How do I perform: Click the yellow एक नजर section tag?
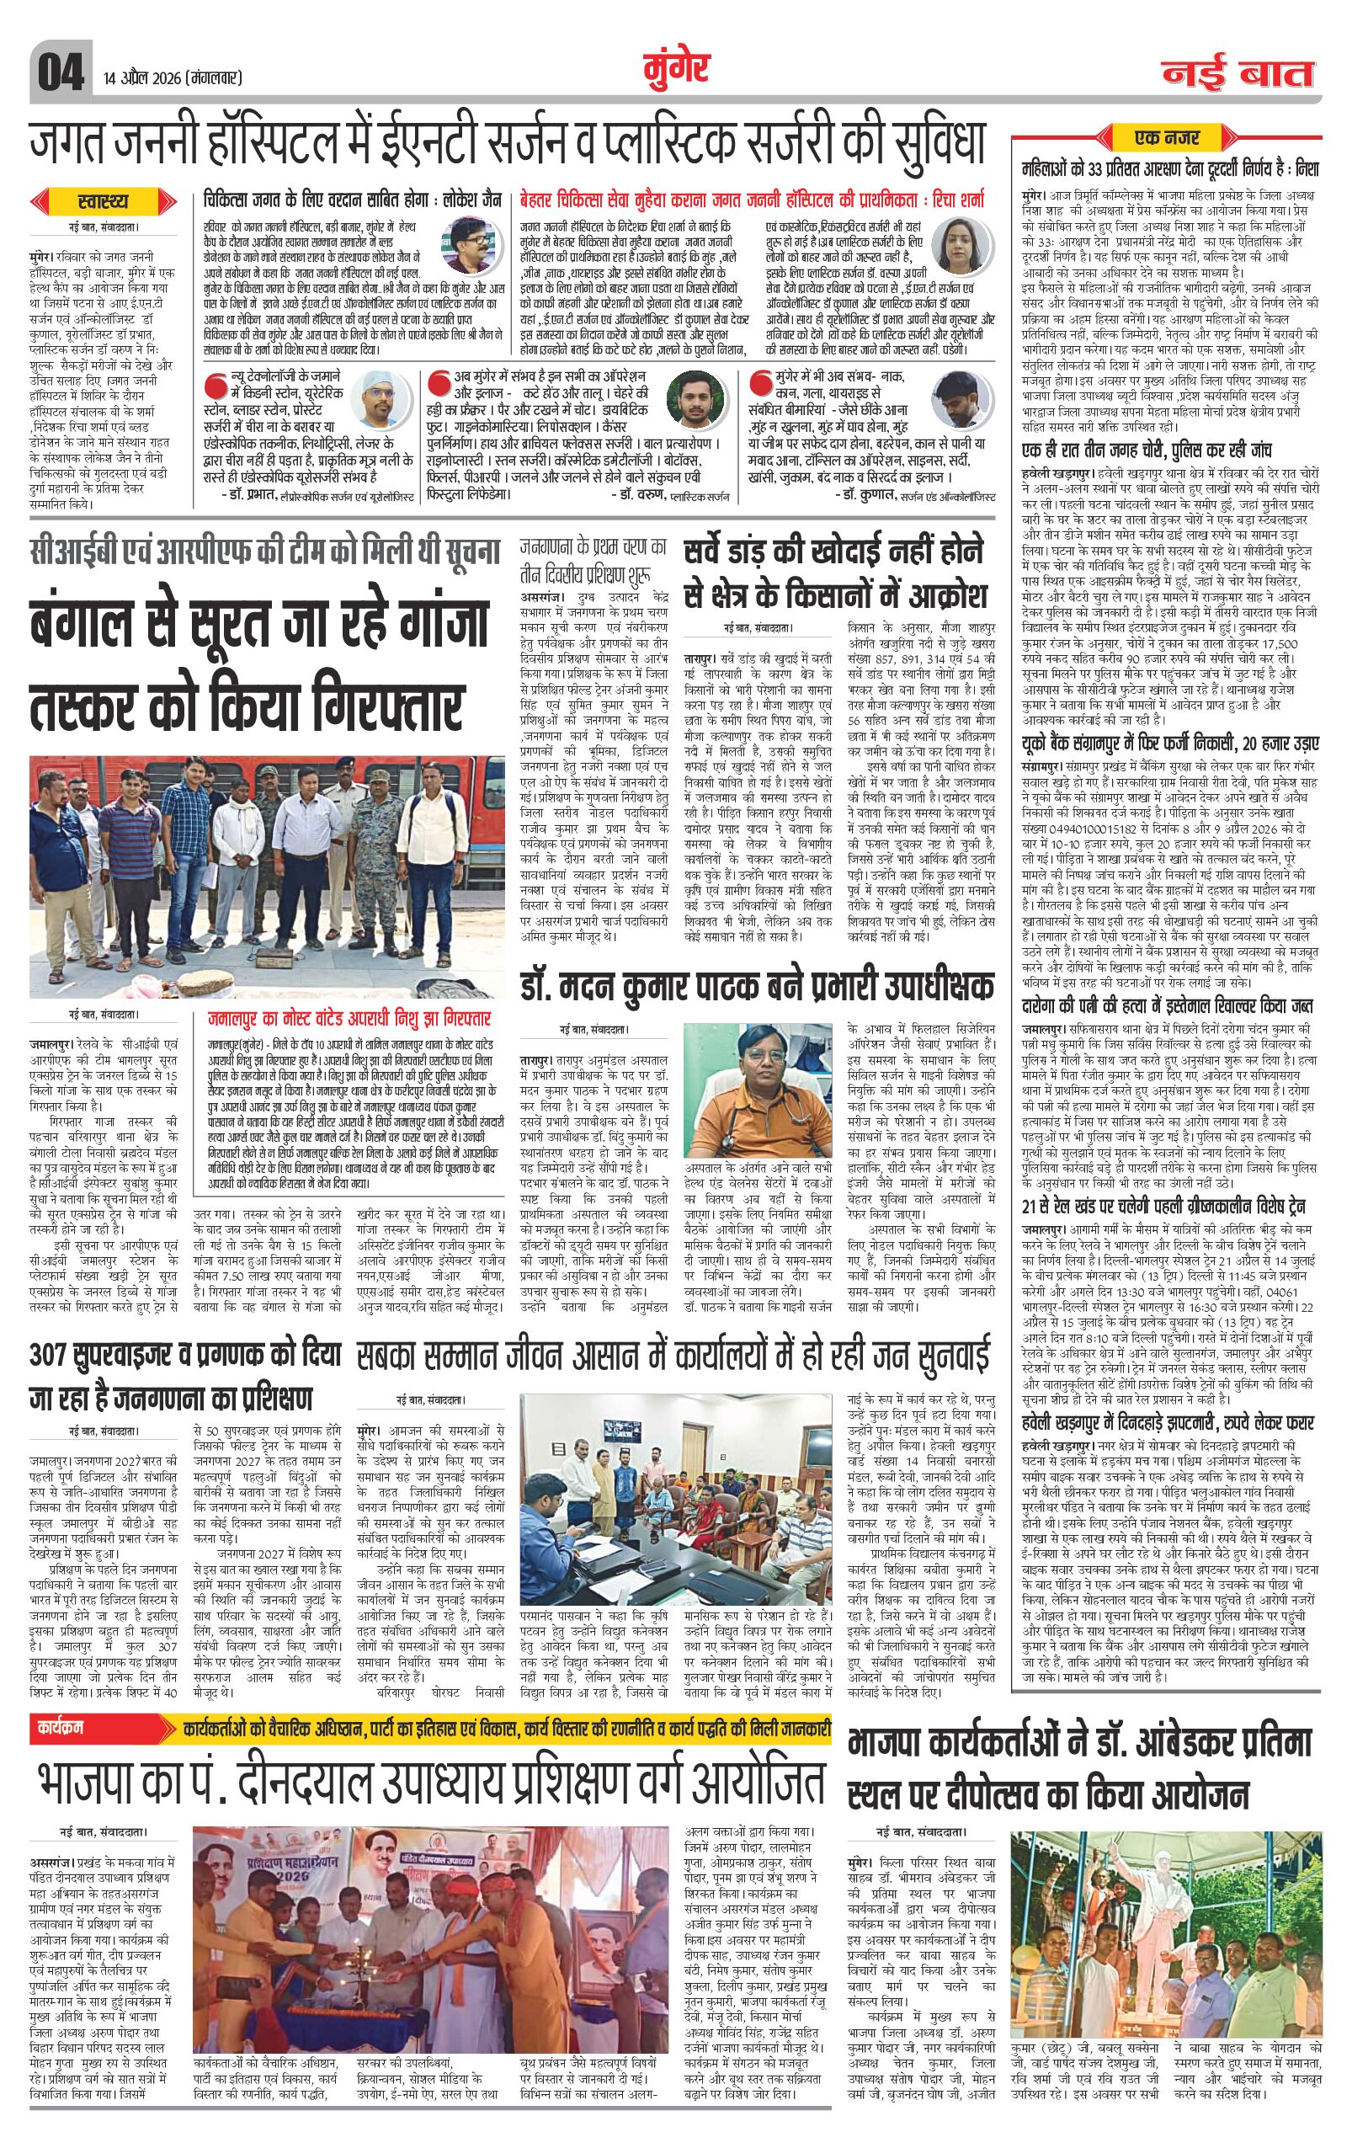click(x=1167, y=137)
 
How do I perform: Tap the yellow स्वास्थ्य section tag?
click(x=104, y=202)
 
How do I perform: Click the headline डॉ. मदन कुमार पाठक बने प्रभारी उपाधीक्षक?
click(x=758, y=988)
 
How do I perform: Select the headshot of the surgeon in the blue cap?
click(x=381, y=395)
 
